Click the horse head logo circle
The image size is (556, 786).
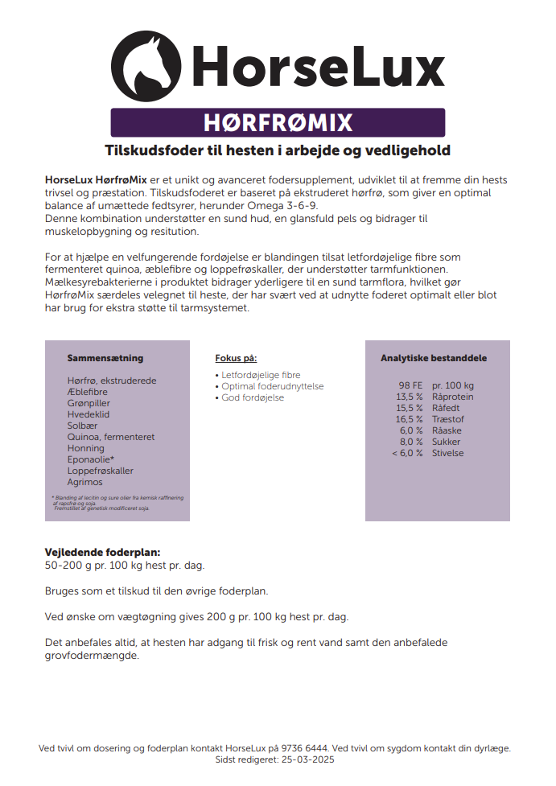[146, 67]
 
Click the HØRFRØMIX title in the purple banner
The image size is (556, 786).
[278, 122]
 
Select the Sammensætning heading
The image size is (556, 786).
[105, 358]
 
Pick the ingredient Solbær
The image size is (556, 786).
[84, 426]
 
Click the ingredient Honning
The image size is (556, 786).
[86, 448]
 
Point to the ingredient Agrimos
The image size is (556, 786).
[85, 482]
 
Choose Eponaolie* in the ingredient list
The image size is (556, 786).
[91, 459]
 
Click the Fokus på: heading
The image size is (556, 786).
[236, 358]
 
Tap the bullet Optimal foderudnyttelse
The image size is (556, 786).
[272, 387]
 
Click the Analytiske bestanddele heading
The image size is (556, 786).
[434, 358]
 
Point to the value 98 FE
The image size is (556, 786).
[410, 385]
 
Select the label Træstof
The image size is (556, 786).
[448, 419]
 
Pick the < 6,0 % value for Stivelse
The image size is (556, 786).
[407, 453]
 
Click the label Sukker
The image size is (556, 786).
[447, 442]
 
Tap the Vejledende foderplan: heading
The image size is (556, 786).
[102, 553]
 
